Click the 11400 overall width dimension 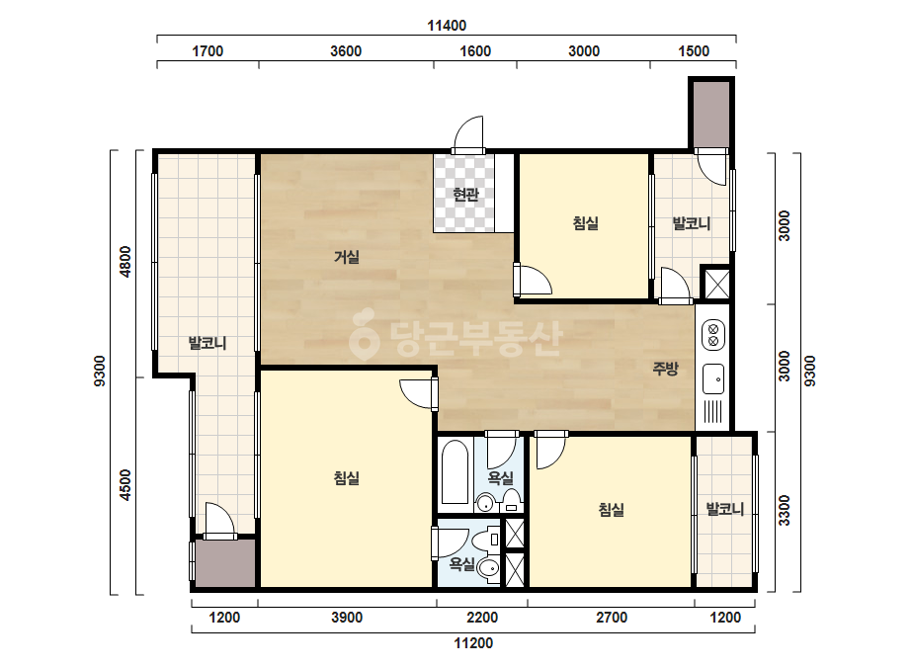click(x=447, y=26)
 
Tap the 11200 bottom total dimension click(x=473, y=643)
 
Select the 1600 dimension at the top click(x=475, y=51)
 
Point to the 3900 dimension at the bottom click(x=347, y=618)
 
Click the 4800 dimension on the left click(x=125, y=262)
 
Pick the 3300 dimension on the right click(x=784, y=510)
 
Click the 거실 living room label click(x=347, y=257)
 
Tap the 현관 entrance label click(x=465, y=195)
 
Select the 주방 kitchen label click(x=665, y=368)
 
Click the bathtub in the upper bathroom click(x=455, y=472)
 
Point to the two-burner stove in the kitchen click(x=713, y=334)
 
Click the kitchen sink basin click(x=713, y=378)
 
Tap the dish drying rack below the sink click(x=713, y=412)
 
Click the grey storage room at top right click(x=711, y=113)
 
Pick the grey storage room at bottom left click(x=225, y=563)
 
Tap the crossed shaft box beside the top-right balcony click(x=717, y=284)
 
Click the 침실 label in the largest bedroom click(x=347, y=478)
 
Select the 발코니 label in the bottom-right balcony click(x=724, y=510)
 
